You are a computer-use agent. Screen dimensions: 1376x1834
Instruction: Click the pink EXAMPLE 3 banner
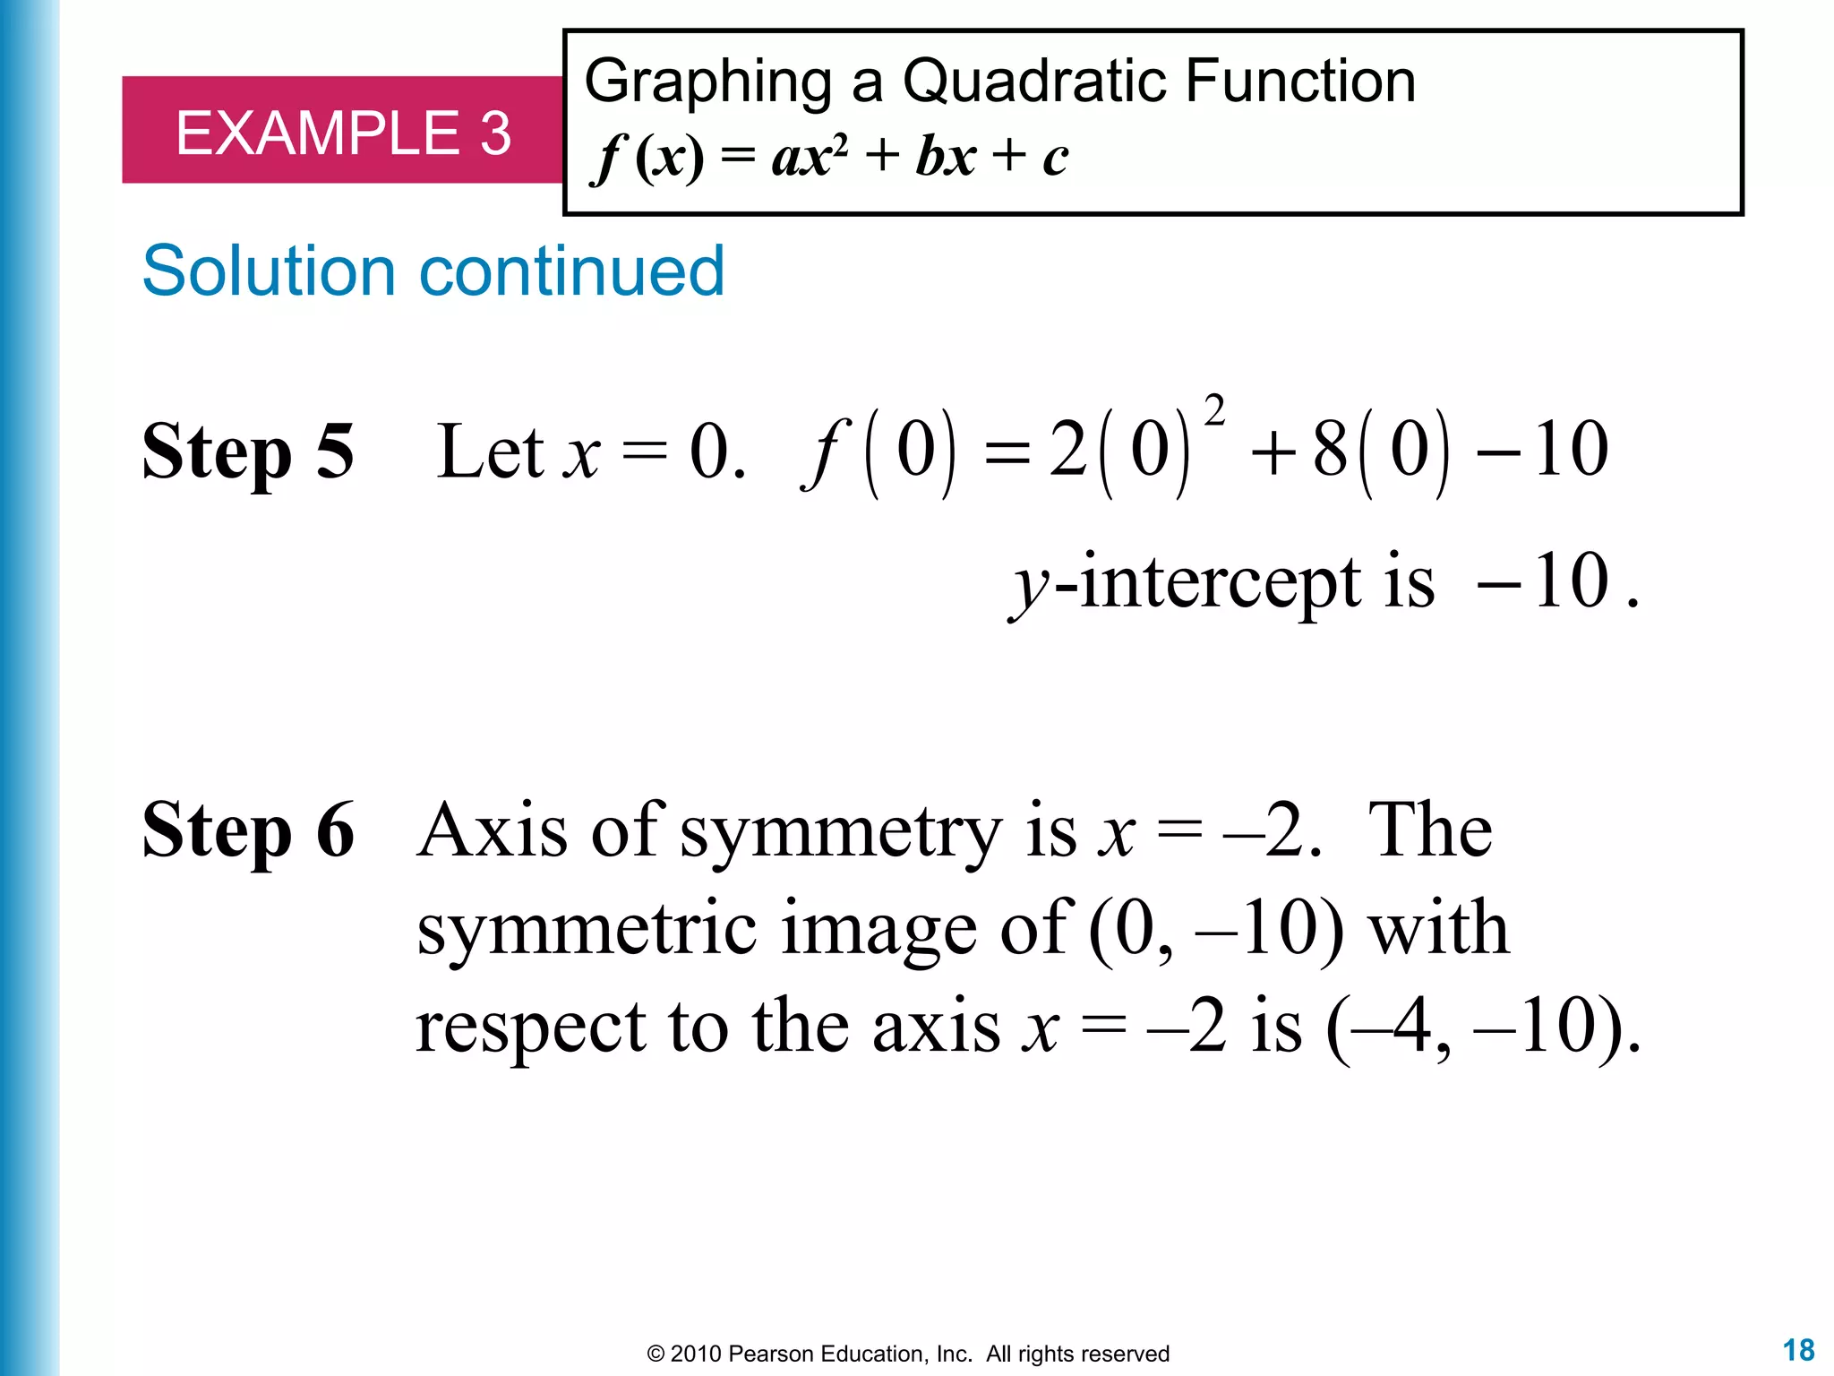(x=342, y=132)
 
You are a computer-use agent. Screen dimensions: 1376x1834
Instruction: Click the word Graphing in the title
(x=707, y=83)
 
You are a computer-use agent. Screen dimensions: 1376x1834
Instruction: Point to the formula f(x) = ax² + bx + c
(x=829, y=157)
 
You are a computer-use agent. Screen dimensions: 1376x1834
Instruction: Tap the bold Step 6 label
(x=248, y=830)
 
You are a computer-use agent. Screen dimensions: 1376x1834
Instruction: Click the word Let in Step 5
(x=490, y=451)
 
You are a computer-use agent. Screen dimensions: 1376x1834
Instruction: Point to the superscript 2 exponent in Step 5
(x=1214, y=411)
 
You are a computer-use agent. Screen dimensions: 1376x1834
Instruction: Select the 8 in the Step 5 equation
(x=1330, y=450)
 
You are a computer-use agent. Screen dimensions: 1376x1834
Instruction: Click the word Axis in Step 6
(x=492, y=830)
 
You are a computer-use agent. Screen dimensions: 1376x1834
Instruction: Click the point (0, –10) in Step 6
(x=1216, y=930)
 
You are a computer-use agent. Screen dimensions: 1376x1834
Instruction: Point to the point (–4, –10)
(x=1483, y=1027)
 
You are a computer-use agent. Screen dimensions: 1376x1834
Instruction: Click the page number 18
(x=1798, y=1349)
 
